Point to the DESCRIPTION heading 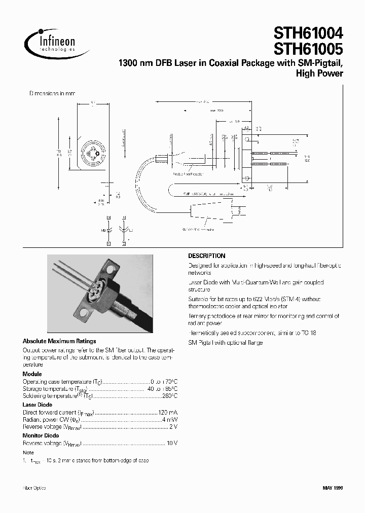point(206,256)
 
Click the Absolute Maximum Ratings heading point(59,341)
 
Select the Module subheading point(32,374)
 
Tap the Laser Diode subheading point(38,405)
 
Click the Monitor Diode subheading point(41,435)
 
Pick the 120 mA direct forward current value point(169,413)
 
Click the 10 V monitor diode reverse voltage point(172,444)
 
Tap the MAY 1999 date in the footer point(333,488)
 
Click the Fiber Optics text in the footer point(34,488)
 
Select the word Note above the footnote point(28,452)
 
